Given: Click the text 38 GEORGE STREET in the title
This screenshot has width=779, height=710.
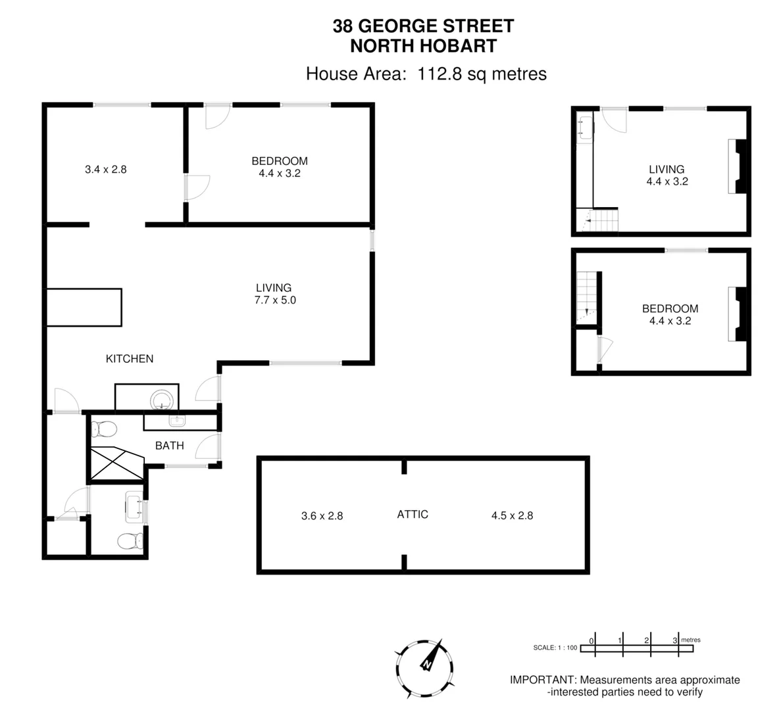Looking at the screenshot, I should click(423, 26).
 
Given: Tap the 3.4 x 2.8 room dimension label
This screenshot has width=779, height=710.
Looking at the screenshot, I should click(105, 169).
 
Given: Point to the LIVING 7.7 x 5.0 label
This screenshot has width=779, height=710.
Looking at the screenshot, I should click(274, 294).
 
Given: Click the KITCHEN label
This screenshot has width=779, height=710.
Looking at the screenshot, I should click(130, 358).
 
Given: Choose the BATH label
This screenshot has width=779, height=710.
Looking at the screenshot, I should click(169, 445).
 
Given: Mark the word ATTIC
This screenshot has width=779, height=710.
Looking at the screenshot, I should click(413, 514).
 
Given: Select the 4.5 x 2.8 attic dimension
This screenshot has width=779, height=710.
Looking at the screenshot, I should click(512, 515).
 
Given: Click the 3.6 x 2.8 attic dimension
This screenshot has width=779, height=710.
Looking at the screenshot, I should click(322, 516).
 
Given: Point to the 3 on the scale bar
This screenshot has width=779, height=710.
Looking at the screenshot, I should click(675, 640).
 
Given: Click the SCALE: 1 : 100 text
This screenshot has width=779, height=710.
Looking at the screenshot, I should click(555, 648).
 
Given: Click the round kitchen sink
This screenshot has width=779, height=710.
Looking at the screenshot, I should click(162, 399).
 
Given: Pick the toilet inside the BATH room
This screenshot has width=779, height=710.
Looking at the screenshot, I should click(105, 429).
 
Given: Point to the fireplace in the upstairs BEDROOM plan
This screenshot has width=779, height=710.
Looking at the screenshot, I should click(738, 314).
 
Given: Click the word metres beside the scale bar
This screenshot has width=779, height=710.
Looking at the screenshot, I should click(691, 640).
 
